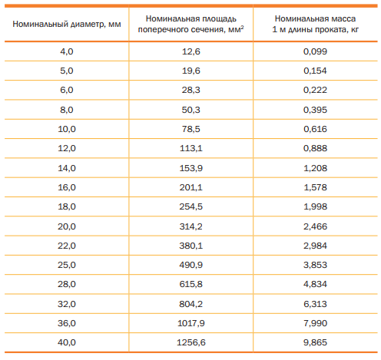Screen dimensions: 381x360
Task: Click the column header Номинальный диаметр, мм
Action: click(67, 24)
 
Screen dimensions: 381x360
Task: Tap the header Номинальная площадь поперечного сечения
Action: click(190, 24)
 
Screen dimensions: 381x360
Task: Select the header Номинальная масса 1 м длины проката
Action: click(315, 24)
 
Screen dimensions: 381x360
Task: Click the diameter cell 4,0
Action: click(67, 51)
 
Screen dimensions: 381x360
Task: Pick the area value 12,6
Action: click(191, 51)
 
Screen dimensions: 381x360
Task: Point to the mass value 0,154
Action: click(315, 71)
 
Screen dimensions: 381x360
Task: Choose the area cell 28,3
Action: click(191, 90)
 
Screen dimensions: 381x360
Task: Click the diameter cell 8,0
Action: click(67, 110)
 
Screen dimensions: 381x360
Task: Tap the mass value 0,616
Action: click(315, 129)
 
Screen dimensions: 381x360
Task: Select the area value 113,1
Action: click(191, 148)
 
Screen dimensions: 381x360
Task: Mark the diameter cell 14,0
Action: click(67, 168)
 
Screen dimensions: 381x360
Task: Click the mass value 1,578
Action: click(315, 187)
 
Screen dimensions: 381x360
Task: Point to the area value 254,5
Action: click(191, 206)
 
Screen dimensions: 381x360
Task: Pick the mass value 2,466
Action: click(315, 226)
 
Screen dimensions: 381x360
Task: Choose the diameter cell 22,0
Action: click(67, 246)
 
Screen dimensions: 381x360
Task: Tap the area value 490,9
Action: click(191, 265)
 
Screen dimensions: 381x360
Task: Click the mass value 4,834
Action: click(315, 284)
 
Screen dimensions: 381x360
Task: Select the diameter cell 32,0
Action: click(67, 304)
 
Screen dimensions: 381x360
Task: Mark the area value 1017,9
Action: click(191, 323)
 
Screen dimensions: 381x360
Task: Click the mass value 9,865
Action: click(315, 342)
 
